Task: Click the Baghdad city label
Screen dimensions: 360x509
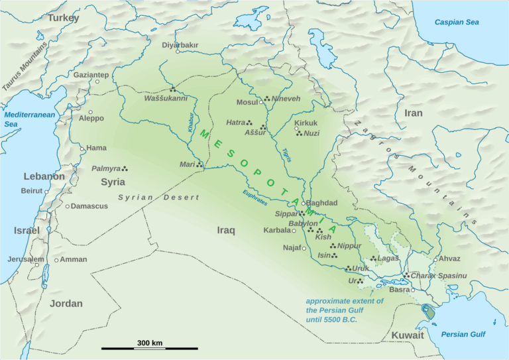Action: [x=323, y=203]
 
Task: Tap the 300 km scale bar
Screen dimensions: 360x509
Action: [x=150, y=348]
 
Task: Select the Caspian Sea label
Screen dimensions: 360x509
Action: [x=456, y=23]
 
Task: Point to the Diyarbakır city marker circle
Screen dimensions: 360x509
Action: [x=178, y=52]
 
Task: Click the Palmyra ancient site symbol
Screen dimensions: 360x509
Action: [x=125, y=168]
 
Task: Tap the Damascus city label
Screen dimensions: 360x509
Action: [x=89, y=206]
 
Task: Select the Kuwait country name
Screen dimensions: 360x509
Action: [x=407, y=335]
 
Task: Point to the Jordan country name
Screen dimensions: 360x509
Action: [x=66, y=304]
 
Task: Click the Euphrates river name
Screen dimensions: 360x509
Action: [x=255, y=197]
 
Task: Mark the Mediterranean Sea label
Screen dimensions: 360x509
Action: [x=19, y=119]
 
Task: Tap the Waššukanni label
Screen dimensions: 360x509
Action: [x=166, y=99]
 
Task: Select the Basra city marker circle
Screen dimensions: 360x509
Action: [x=412, y=290]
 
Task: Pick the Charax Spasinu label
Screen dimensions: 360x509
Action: [x=439, y=275]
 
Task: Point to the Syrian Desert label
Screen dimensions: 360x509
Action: [x=158, y=198]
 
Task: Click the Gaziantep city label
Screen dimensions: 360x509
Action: [x=91, y=75]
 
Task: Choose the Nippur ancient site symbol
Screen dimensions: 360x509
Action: [x=333, y=245]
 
